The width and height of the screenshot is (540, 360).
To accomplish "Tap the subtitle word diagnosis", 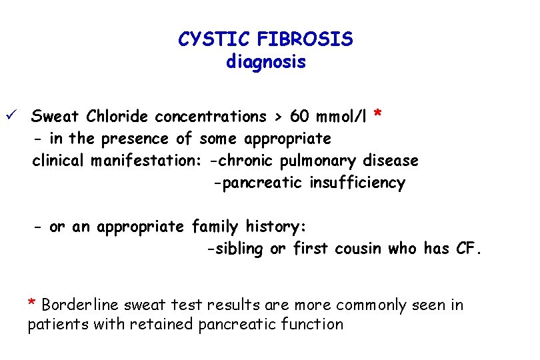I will click(265, 63).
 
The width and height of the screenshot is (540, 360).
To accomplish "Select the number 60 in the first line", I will click(299, 117).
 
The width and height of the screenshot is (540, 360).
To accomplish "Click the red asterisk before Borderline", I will click(31, 303).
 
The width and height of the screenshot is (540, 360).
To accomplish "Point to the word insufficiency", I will click(357, 183).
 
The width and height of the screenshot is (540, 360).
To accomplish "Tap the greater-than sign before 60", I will click(275, 117).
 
